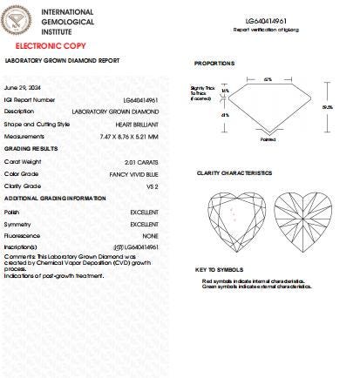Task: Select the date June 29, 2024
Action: point(22,88)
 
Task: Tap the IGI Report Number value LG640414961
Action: point(140,100)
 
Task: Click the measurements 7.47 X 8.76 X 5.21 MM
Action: point(128,136)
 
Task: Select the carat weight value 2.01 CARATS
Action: point(139,161)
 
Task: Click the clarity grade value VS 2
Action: point(150,186)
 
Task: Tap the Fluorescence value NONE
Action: point(150,236)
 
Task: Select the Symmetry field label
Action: point(17,224)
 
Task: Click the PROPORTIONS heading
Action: point(214,64)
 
